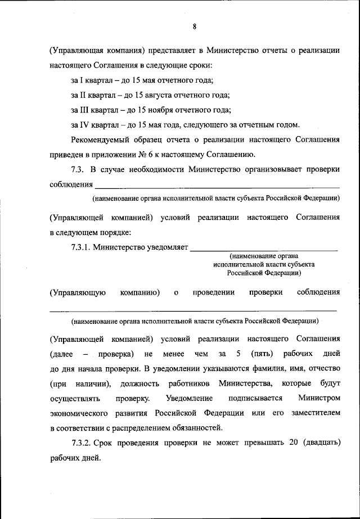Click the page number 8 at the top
click(x=194, y=26)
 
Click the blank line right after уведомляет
click(x=264, y=246)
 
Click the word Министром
click(x=320, y=398)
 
